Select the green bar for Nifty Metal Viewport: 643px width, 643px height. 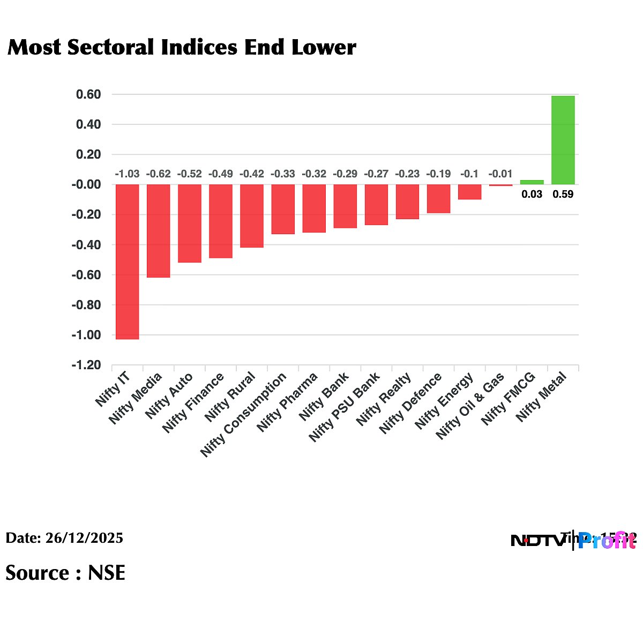coord(563,140)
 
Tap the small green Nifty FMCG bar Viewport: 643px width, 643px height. coord(532,182)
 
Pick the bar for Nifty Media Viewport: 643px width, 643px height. coord(159,231)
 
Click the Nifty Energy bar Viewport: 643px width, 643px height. coord(469,192)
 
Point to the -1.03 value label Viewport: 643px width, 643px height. coord(128,174)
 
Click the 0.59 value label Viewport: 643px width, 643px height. coord(563,195)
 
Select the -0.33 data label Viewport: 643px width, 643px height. coord(283,174)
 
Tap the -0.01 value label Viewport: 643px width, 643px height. coord(500,174)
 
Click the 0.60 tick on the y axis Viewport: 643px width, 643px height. coord(89,95)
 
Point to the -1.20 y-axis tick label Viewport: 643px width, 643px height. coord(87,365)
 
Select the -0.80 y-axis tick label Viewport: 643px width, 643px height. coord(87,305)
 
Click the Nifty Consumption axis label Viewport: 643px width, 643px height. coord(244,415)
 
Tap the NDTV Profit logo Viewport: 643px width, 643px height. coord(573,541)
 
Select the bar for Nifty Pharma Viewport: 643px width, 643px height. coord(314,208)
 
